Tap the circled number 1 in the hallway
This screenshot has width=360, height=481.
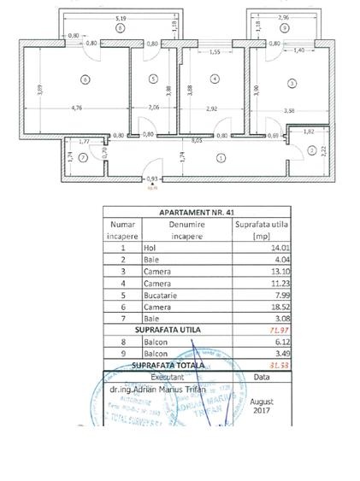(x=221, y=156)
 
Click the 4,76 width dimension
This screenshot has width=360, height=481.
(x=76, y=108)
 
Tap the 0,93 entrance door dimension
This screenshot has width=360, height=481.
(x=153, y=179)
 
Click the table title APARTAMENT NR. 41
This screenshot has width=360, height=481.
(x=196, y=213)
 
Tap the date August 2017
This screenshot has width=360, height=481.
(x=262, y=405)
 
